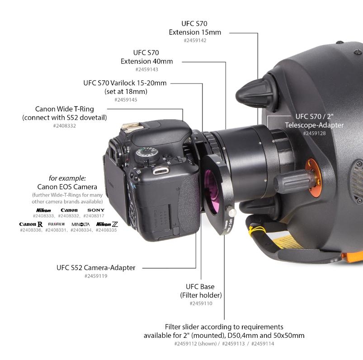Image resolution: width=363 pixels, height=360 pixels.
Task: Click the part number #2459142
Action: click(195, 41)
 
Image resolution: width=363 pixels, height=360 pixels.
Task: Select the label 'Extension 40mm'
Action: click(147, 61)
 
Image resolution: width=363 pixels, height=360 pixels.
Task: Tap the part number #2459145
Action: click(126, 100)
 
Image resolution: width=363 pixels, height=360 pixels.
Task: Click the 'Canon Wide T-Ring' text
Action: click(64, 109)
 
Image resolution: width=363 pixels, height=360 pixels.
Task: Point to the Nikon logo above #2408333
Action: click(43, 210)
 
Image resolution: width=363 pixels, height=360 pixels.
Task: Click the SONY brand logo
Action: click(96, 210)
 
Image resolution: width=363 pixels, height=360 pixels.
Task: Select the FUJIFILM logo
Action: click(56, 224)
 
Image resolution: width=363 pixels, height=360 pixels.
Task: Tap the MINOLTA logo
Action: click(80, 224)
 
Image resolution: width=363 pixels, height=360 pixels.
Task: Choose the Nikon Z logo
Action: click(107, 224)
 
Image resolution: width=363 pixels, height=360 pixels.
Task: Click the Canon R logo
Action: click(31, 224)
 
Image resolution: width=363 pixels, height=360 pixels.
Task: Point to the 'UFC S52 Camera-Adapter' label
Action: click(96, 268)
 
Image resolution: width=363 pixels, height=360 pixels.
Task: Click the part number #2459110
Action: click(201, 304)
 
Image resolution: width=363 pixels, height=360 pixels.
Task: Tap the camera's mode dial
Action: click(147, 154)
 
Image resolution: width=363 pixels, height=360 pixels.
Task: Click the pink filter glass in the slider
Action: click(212, 188)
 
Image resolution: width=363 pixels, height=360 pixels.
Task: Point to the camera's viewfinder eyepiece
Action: click(115, 151)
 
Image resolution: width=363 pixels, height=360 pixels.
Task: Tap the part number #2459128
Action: click(314, 133)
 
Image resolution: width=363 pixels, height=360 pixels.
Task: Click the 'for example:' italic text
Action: click(67, 178)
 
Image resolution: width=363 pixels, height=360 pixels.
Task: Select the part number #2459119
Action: click(96, 276)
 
